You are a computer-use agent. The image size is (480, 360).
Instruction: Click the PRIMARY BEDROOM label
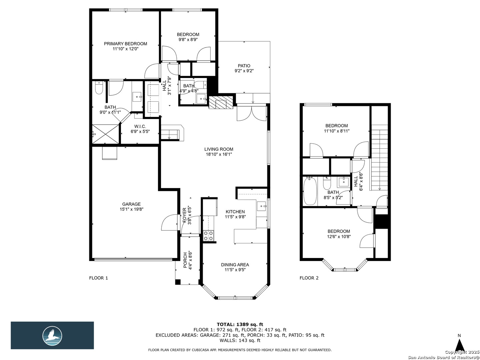[125, 44]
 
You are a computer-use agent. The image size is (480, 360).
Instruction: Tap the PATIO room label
[244, 66]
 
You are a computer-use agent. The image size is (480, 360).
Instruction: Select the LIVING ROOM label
[219, 149]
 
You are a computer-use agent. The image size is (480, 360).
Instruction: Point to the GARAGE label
[131, 204]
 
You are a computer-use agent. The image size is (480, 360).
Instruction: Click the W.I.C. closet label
[140, 126]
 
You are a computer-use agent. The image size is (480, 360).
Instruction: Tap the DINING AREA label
[235, 265]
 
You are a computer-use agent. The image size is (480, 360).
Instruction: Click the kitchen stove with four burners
[208, 236]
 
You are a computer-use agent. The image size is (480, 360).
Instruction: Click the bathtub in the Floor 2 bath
[310, 191]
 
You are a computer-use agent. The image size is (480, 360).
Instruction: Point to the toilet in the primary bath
[99, 88]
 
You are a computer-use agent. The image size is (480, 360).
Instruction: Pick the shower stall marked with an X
[105, 134]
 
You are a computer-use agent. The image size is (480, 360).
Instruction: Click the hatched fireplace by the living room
[220, 102]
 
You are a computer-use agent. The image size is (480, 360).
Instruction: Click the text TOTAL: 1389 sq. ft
[240, 324]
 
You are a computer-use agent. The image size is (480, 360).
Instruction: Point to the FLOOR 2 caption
[309, 278]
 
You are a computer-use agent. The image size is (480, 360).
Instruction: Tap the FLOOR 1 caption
[98, 278]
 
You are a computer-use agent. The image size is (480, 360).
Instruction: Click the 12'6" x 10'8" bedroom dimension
[339, 236]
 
